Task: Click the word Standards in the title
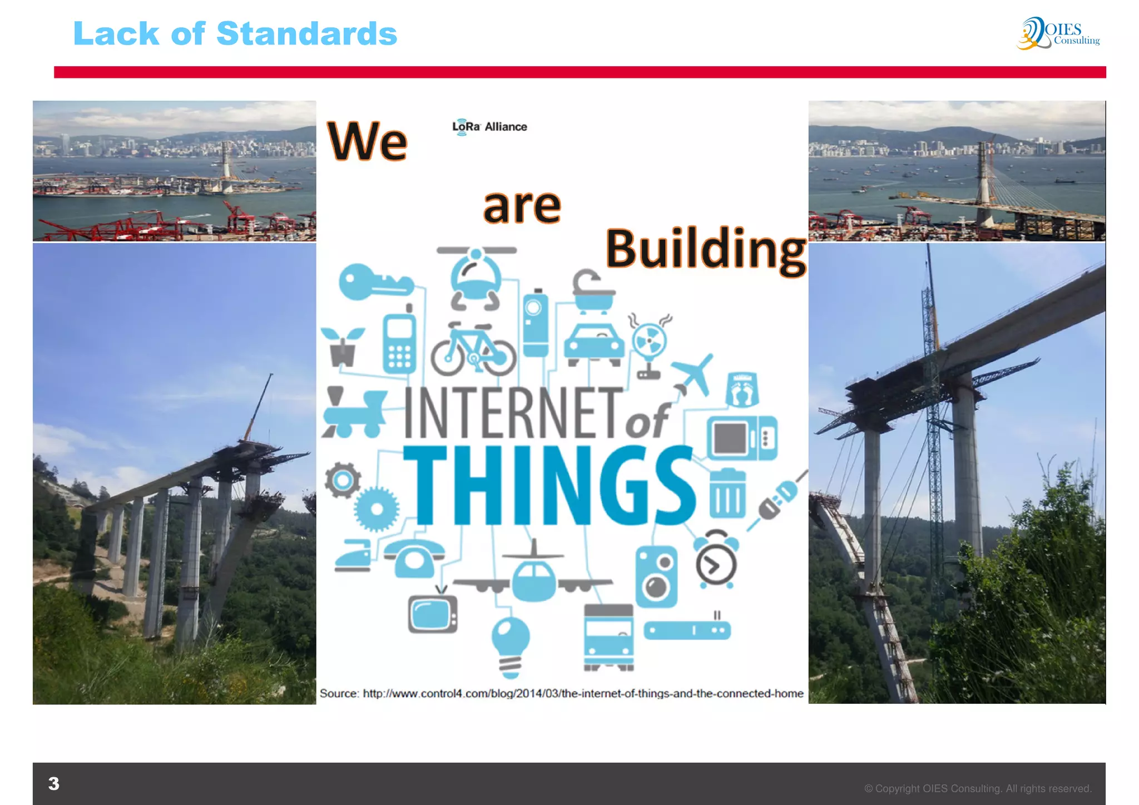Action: point(306,34)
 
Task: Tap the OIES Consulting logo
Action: point(1058,33)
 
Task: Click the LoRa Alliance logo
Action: point(489,127)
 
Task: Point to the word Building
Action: point(705,249)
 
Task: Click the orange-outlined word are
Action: point(522,206)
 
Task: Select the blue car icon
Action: point(594,343)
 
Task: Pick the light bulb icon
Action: point(511,645)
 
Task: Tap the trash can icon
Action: point(727,493)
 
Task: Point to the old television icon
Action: point(433,612)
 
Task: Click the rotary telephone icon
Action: point(414,557)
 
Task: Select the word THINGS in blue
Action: point(548,486)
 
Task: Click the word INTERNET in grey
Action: point(513,413)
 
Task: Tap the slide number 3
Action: point(54,783)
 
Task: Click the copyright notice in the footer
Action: point(977,788)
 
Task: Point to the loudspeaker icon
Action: point(656,576)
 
